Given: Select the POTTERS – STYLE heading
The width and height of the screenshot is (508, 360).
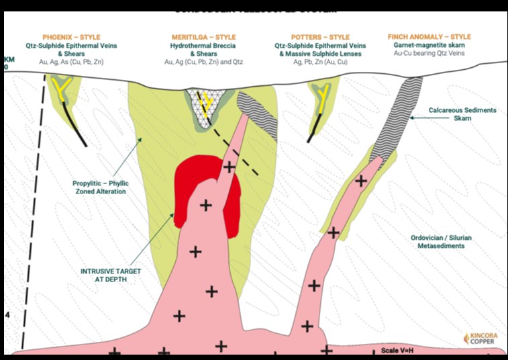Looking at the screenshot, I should pyautogui.click(x=321, y=36).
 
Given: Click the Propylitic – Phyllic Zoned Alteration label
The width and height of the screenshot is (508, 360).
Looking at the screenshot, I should pyautogui.click(x=99, y=187).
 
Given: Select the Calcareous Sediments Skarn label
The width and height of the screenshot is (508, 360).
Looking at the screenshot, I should pyautogui.click(x=463, y=114).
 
